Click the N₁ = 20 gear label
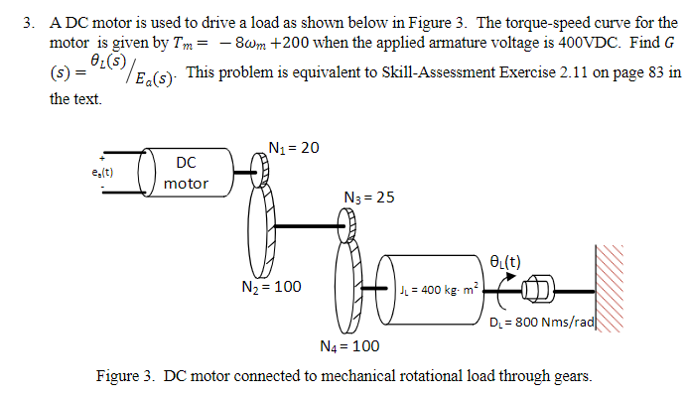coord(294,148)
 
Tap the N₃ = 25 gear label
coord(368,198)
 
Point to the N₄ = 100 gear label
coord(350,345)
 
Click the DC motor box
coord(185,172)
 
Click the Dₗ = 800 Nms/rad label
coord(542,323)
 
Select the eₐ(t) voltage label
coord(101,173)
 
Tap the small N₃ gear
coord(345,228)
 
